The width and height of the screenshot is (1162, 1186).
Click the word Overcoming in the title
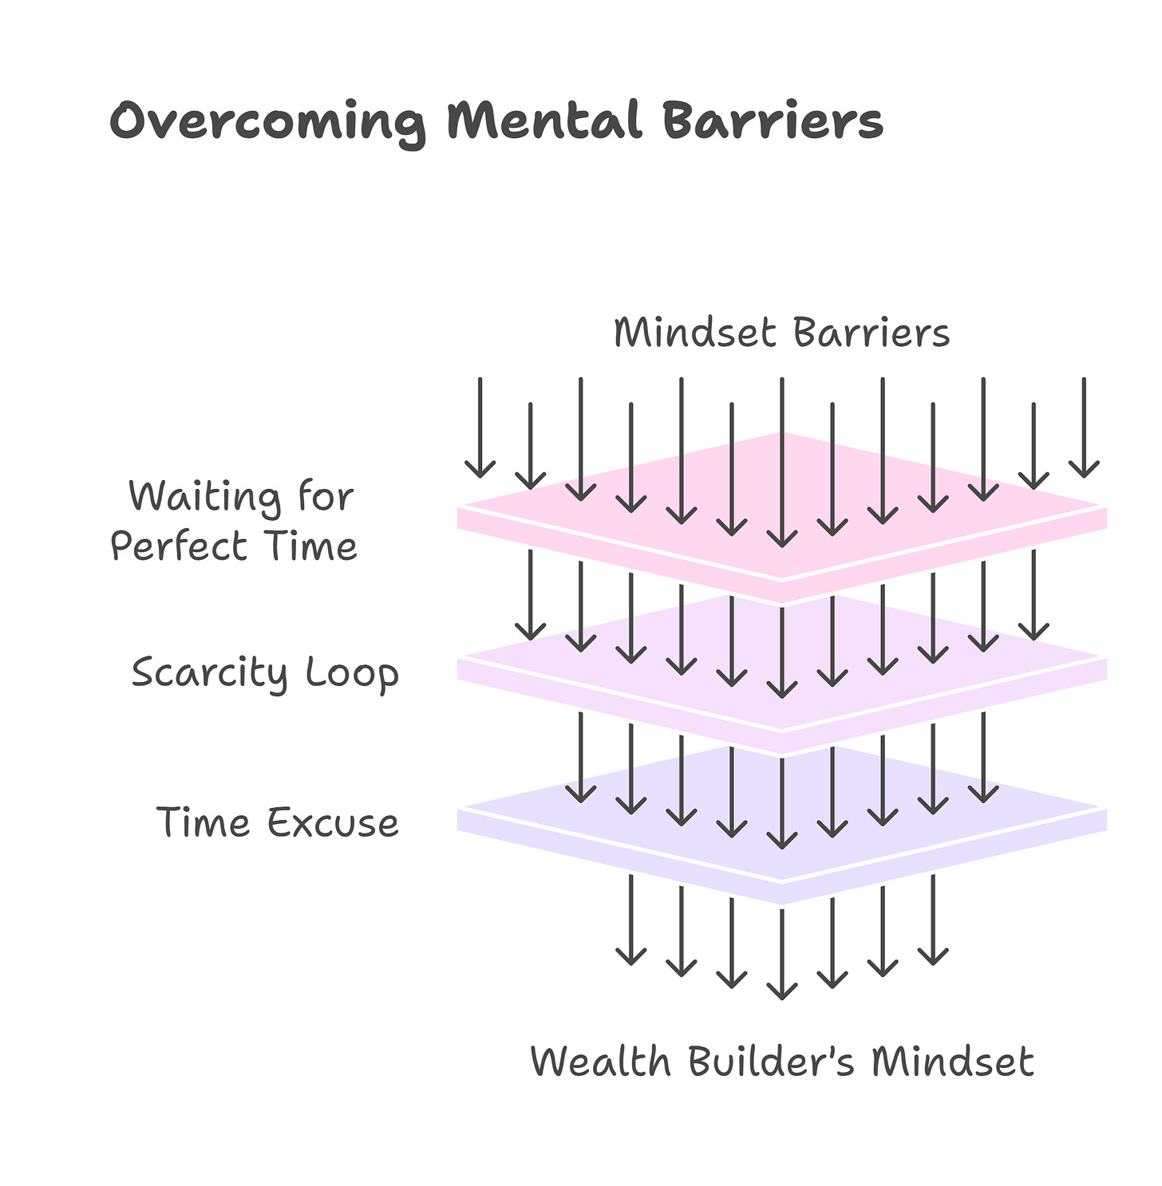(x=267, y=123)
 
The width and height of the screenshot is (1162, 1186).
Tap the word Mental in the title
(x=544, y=121)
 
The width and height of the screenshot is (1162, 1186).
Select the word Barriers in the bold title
(x=772, y=121)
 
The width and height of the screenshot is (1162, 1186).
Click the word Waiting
(x=204, y=497)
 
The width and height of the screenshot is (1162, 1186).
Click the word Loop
(x=352, y=672)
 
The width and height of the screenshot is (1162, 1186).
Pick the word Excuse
(x=333, y=822)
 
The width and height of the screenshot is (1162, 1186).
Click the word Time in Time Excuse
(x=204, y=822)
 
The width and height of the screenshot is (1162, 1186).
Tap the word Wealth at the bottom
(x=600, y=1062)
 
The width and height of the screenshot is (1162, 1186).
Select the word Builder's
(x=771, y=1062)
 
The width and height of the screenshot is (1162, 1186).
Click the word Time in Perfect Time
(x=312, y=547)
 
